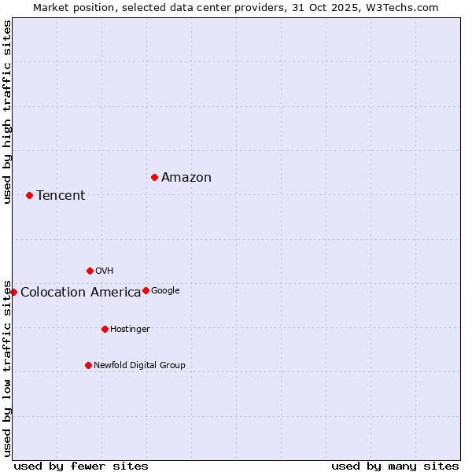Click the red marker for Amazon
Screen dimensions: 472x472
(154, 177)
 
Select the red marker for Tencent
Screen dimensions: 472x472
(29, 195)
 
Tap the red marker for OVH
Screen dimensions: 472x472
(90, 271)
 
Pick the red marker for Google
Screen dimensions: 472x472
(146, 290)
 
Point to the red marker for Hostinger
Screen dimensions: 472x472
(105, 329)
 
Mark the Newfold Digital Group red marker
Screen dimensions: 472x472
(88, 365)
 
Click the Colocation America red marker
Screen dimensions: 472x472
(13, 292)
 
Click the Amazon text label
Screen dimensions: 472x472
(186, 178)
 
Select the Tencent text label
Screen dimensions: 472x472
(61, 196)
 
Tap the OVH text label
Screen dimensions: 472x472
(105, 271)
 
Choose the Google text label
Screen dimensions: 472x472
(165, 291)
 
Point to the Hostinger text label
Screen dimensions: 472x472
(130, 330)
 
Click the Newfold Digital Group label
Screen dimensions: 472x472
(139, 366)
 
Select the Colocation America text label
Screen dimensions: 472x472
(80, 293)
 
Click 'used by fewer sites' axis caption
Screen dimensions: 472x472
(81, 466)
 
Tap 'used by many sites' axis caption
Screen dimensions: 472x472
(395, 466)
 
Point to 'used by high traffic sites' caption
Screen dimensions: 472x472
(8, 112)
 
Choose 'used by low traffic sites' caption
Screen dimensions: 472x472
(8, 367)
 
